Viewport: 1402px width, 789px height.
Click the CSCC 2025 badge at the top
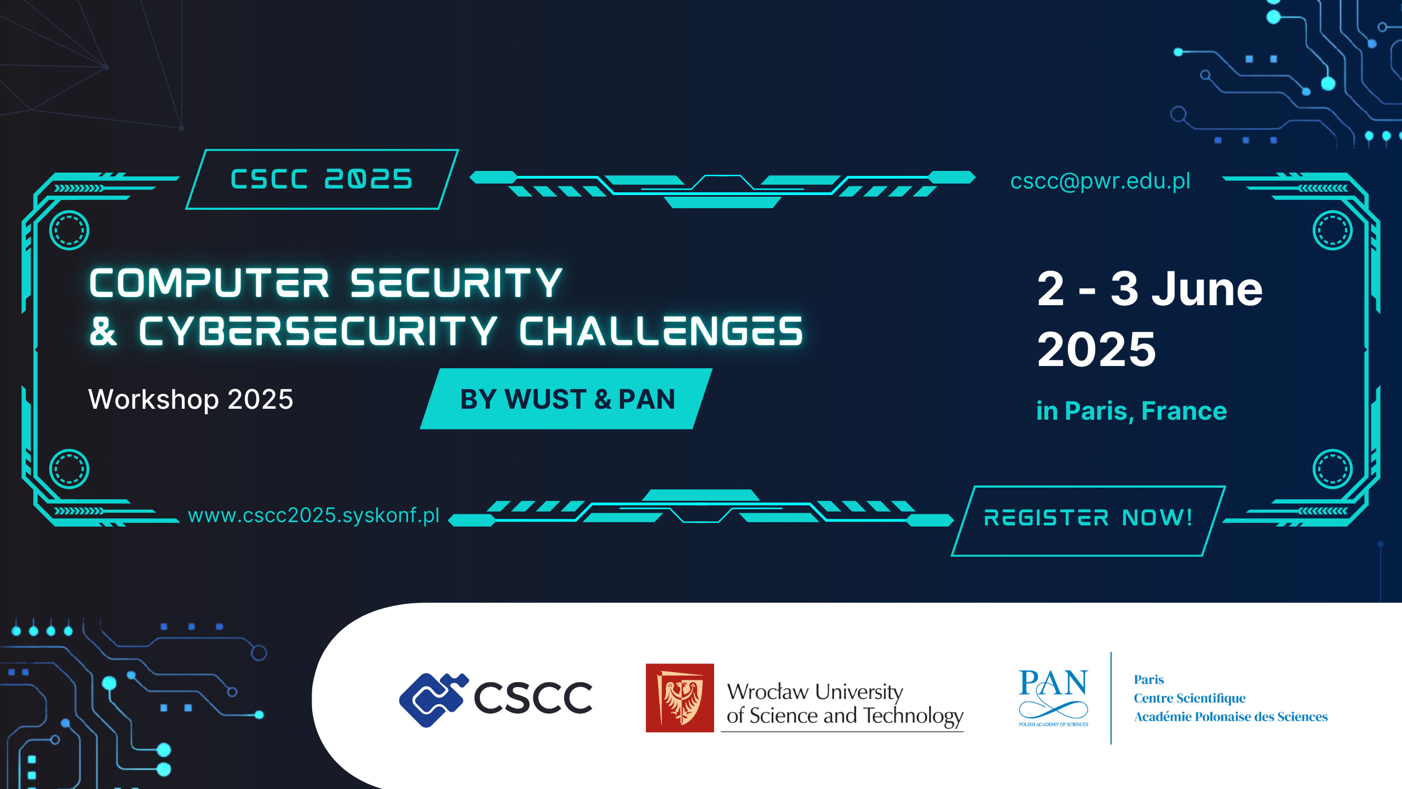tap(322, 179)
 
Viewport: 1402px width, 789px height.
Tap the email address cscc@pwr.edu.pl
tap(1100, 181)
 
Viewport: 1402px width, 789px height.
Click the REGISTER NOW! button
tap(1088, 518)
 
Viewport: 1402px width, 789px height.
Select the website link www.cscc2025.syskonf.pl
tap(313, 516)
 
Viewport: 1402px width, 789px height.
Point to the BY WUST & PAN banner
tap(567, 399)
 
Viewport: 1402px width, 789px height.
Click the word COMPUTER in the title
tap(209, 283)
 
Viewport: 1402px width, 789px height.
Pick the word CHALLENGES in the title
tap(660, 331)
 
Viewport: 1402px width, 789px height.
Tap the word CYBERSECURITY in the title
tap(318, 331)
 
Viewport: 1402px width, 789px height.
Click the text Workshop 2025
tap(191, 399)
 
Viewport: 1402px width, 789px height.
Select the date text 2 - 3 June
tap(1150, 289)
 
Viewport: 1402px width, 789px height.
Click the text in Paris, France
tap(1131, 411)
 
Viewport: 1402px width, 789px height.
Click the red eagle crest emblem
tap(680, 698)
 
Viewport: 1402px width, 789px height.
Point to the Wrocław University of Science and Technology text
tap(843, 704)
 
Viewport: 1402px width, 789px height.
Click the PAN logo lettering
tap(1053, 684)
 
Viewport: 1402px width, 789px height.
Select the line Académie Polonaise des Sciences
tap(1230, 717)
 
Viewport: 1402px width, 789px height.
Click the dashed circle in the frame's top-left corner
tap(69, 230)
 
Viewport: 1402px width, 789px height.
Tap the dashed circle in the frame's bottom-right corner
tap(1332, 469)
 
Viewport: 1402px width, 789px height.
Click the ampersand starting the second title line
tap(104, 331)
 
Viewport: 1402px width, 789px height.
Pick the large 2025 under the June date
tap(1096, 350)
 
